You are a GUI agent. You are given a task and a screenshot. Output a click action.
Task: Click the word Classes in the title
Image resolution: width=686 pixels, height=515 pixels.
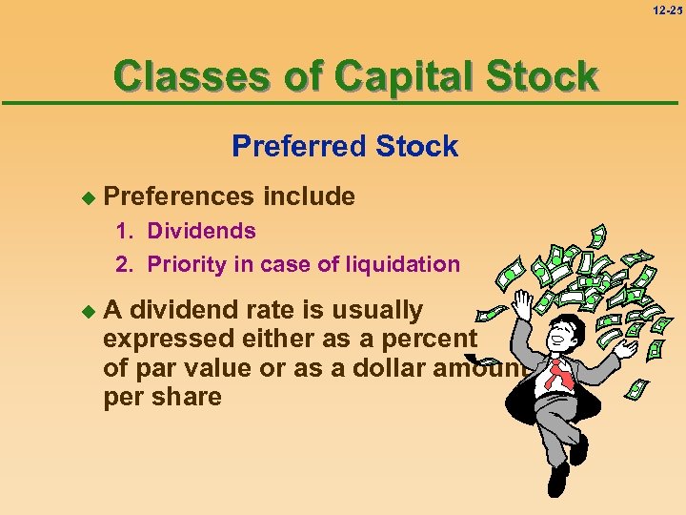182,75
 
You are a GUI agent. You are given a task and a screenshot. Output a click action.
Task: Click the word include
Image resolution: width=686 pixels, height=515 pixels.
309,197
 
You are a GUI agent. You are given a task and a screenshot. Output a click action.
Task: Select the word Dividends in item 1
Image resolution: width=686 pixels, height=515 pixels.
201,231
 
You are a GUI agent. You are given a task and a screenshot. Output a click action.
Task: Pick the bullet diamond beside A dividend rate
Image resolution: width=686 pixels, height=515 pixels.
89,311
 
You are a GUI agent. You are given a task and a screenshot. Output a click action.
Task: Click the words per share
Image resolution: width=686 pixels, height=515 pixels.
162,396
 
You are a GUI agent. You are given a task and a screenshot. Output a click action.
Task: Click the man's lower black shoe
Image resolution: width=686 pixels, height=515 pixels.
557,477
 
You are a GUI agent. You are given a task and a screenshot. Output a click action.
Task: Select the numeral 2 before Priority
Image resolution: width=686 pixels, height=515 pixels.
122,264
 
